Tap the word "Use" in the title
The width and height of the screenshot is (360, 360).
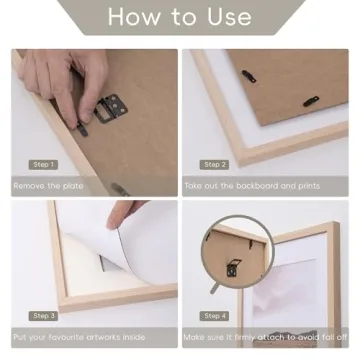click(229, 17)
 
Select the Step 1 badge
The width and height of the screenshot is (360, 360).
click(42, 164)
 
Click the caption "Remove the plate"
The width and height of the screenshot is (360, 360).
click(48, 185)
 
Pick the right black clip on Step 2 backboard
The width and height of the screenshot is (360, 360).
click(311, 100)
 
